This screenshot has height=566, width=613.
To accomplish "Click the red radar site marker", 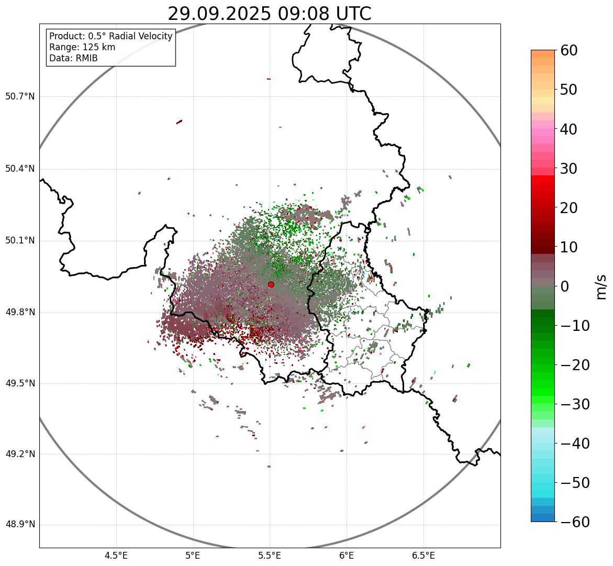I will click(x=271, y=284).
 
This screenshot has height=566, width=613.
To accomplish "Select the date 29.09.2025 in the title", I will click(x=220, y=14).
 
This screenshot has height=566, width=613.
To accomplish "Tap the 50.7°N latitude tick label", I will click(x=20, y=96).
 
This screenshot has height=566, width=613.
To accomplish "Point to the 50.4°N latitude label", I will click(x=20, y=169).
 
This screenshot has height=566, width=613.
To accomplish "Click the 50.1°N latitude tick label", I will click(x=20, y=241).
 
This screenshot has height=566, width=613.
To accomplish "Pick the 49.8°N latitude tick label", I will click(x=20, y=312).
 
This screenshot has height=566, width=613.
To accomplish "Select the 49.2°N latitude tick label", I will click(x=20, y=454).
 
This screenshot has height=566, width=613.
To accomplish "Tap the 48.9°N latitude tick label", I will click(x=20, y=525).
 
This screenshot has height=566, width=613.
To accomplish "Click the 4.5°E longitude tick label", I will click(x=116, y=556).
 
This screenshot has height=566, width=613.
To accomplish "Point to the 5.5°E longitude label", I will click(x=270, y=556).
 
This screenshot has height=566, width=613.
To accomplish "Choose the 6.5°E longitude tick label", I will click(x=423, y=556).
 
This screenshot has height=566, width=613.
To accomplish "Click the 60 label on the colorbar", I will click(x=569, y=50).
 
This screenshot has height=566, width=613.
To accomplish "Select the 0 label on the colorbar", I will click(x=565, y=286).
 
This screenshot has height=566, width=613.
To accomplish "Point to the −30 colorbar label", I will click(x=574, y=404).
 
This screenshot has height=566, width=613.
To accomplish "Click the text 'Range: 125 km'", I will click(x=82, y=47).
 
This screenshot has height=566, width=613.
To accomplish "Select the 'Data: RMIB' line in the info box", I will click(x=73, y=58).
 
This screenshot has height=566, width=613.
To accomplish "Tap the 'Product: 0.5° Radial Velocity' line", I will click(x=110, y=36).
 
